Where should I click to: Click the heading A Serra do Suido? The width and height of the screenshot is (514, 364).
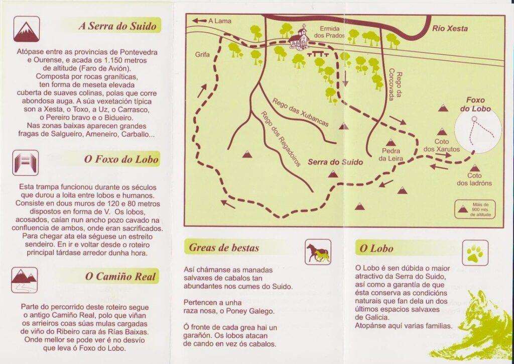117,26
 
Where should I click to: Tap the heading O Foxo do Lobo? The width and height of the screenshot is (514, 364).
121,160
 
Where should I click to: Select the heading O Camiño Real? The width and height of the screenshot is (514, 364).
121,276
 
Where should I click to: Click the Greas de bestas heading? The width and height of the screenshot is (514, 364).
224,247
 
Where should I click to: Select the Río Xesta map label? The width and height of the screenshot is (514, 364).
450,29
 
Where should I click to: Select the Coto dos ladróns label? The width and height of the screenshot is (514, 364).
474,179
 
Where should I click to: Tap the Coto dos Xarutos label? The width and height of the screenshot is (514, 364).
441,145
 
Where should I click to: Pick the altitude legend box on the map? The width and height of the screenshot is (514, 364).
473,209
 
